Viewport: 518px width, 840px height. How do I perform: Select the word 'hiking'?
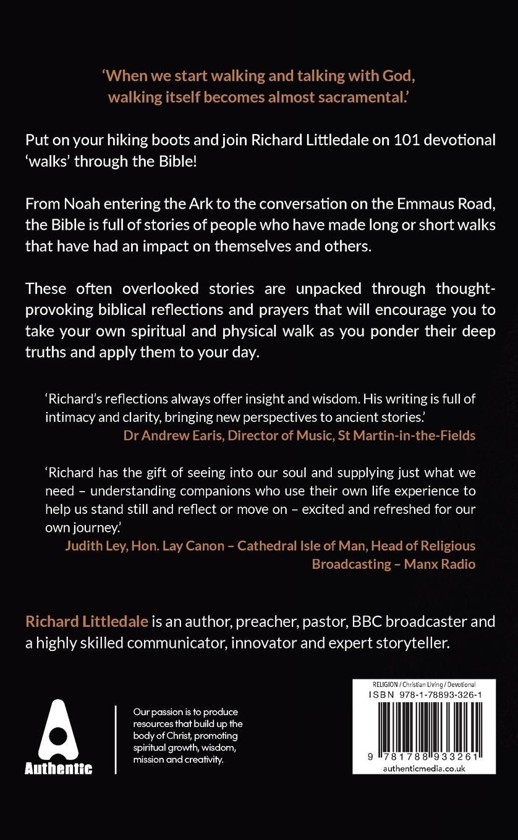130,140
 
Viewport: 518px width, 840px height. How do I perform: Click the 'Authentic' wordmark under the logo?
58,769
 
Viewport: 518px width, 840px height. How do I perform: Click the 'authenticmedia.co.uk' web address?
424,768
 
